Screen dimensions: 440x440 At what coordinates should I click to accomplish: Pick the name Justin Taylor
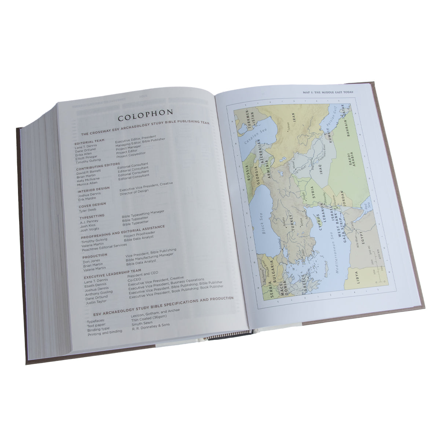[96, 302]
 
